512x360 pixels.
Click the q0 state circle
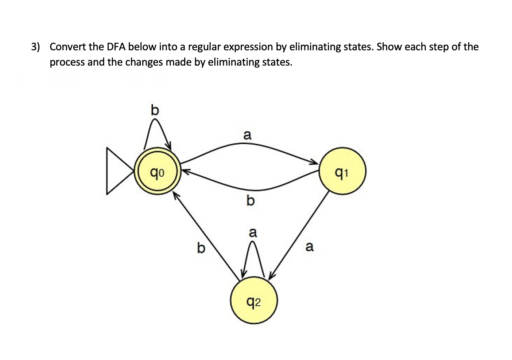click(156, 171)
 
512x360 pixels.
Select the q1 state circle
click(342, 171)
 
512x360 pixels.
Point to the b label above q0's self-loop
click(155, 110)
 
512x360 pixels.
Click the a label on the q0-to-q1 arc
click(247, 135)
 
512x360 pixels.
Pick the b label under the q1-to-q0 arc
click(250, 200)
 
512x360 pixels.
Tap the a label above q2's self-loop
click(252, 232)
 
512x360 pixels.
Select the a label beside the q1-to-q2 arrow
click(309, 247)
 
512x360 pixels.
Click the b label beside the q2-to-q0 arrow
click(201, 248)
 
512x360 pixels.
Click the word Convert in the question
click(68, 47)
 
